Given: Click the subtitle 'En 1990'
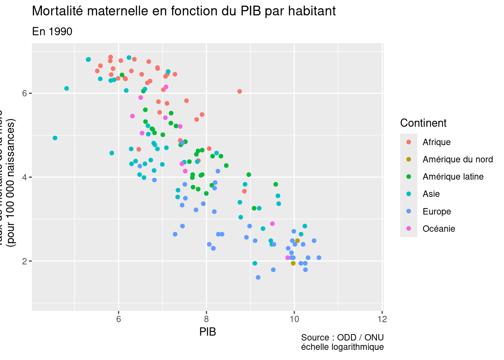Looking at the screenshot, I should [52, 31].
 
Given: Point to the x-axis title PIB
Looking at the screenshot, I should [207, 332].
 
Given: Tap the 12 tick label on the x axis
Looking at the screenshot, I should [382, 319].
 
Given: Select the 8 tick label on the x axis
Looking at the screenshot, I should [206, 319].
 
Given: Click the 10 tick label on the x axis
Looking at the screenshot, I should [294, 319].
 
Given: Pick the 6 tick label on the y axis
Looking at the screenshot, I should [24, 93].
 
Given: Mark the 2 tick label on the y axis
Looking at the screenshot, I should [24, 261].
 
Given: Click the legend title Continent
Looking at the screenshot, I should [423, 123].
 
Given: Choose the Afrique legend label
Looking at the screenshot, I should [436, 142].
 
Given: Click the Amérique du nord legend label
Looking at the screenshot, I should [457, 159].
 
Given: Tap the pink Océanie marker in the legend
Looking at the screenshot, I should [409, 229].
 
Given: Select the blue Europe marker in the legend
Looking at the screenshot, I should [409, 211].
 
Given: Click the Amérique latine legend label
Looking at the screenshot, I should [453, 177].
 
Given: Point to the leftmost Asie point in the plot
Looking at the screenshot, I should [55, 138].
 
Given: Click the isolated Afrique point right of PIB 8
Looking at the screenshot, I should [240, 91].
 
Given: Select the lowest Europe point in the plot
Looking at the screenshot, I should [258, 277].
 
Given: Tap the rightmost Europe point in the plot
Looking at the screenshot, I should [319, 258].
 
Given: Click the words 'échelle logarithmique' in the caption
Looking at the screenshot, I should [342, 347].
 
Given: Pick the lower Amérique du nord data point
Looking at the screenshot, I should [293, 263].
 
